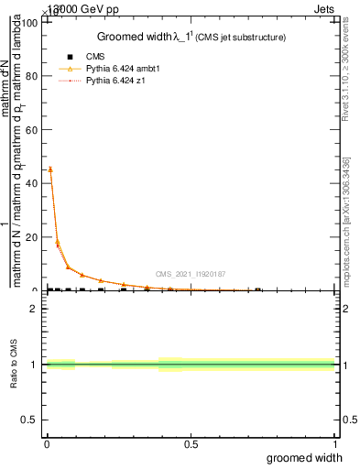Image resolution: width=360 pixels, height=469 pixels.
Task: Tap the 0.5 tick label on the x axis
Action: coord(191,443)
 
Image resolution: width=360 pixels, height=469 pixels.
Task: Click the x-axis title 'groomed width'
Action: coord(311,457)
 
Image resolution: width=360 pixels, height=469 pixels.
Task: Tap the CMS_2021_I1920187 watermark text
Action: coord(190,274)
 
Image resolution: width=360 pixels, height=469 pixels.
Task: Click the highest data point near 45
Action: coord(49,169)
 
